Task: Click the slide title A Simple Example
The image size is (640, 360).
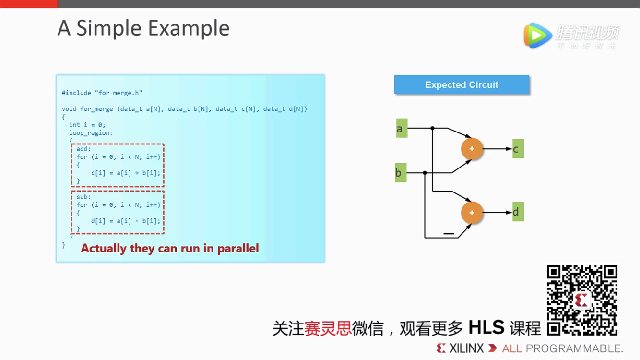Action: [143, 28]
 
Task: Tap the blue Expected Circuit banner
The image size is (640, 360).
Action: [462, 85]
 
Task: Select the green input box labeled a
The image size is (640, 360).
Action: [402, 128]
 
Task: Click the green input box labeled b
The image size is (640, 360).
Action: [400, 172]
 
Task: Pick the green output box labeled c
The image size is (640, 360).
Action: [518, 149]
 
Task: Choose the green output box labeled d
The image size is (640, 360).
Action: [518, 212]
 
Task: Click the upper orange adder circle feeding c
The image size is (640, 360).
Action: [472, 149]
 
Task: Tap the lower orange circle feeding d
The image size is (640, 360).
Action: [472, 212]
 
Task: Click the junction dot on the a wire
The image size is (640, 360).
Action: [432, 128]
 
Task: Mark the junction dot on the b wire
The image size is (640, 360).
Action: [425, 172]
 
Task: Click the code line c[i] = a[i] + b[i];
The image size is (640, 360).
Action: [126, 173]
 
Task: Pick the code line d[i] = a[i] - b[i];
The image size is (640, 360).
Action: [126, 221]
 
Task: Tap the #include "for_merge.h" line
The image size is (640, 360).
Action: [102, 93]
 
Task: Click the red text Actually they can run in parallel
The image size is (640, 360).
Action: [170, 248]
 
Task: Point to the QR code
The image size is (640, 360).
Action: [582, 300]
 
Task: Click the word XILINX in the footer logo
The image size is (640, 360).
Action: [466, 348]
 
